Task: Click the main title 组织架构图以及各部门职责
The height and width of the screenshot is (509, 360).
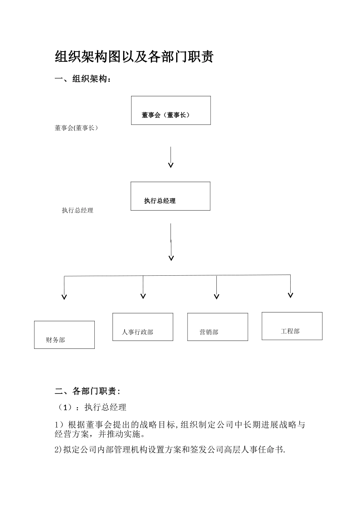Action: click(134, 57)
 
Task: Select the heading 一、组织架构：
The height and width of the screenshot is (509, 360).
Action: click(83, 79)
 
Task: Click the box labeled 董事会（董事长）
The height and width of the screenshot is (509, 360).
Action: click(171, 110)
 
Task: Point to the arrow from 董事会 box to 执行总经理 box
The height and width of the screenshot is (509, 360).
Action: click(171, 157)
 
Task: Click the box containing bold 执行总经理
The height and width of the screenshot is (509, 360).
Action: click(170, 196)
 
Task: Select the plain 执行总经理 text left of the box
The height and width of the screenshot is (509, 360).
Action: click(78, 211)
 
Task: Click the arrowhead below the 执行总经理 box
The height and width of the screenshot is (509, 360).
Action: click(171, 258)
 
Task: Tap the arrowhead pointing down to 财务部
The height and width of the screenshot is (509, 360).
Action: click(64, 297)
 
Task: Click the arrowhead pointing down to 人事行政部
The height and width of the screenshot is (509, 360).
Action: click(143, 296)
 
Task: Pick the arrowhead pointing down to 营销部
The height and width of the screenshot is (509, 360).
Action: click(216, 297)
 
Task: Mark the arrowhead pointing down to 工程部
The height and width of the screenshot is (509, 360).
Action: click(290, 295)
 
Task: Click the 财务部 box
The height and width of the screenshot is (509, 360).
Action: click(64, 335)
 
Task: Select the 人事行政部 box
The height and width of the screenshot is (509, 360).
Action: click(142, 327)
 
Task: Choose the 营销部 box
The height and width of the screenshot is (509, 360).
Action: click(218, 327)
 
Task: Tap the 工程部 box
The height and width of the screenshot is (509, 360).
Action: click(292, 326)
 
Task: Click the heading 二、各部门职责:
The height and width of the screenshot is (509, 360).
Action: click(88, 391)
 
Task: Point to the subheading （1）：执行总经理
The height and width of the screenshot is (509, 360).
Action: click(91, 408)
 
